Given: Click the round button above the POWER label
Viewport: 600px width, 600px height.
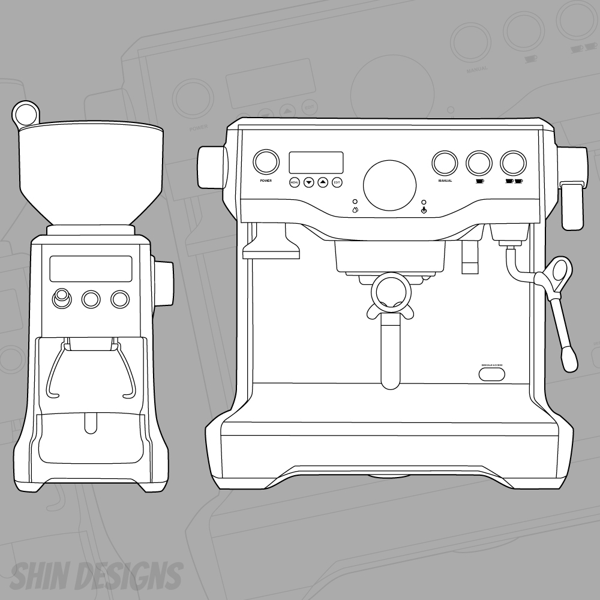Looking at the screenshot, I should click(x=266, y=161).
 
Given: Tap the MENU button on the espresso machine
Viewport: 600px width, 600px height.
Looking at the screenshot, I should click(x=294, y=181).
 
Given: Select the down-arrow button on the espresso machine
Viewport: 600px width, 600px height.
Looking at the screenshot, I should click(x=308, y=181).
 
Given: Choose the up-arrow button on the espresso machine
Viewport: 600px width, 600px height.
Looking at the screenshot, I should click(x=323, y=181).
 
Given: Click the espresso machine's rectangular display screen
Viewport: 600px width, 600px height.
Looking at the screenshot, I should click(x=316, y=162).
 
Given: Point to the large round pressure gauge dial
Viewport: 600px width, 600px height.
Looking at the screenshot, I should click(x=390, y=184).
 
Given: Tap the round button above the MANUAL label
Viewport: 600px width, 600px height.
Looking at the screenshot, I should click(x=445, y=161).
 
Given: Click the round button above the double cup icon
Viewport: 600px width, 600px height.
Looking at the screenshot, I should click(x=514, y=161).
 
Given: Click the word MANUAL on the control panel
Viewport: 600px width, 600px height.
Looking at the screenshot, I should click(x=445, y=181).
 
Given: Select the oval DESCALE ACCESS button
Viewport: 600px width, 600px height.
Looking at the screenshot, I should click(x=491, y=374).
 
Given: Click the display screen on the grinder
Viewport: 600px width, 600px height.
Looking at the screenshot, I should click(x=91, y=268).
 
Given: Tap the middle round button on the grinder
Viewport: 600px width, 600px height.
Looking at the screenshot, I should click(x=91, y=299).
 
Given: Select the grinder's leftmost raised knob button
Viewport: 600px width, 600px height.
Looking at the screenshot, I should click(x=61, y=298).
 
